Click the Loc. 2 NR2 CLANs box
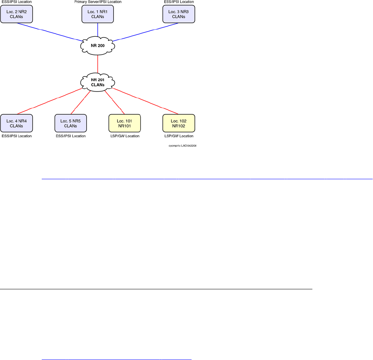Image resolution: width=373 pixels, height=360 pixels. pos(17,14)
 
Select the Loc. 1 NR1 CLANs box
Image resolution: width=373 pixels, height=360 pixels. pos(98,14)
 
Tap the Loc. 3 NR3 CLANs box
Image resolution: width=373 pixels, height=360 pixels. pos(179,14)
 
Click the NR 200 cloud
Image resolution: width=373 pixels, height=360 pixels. pos(98,46)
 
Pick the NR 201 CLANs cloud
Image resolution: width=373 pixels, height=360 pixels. pos(98,82)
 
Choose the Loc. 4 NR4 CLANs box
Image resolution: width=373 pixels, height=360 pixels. pos(17,123)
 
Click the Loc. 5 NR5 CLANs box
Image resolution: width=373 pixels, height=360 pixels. pos(71,123)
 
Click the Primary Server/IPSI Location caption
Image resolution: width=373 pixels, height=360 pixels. pos(98,2)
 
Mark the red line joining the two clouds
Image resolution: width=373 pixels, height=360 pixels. pos(98,64)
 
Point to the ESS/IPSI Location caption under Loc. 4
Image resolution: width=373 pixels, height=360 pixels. pos(17,136)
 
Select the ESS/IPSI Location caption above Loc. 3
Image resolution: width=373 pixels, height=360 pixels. pos(179,2)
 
